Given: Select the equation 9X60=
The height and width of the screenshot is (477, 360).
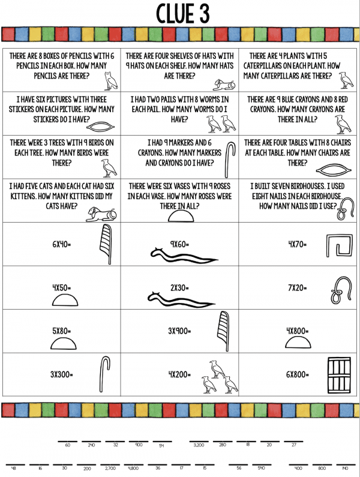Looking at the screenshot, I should pyautogui.click(x=179, y=244).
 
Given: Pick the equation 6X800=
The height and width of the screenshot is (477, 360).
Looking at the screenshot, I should pyautogui.click(x=297, y=374).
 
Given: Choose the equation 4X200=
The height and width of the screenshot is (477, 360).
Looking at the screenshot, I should pyautogui.click(x=179, y=374).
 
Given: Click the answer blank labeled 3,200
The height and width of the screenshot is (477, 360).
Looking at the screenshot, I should pyautogui.click(x=199, y=445).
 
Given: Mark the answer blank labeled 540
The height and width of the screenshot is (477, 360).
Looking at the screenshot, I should pyautogui.click(x=261, y=467).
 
